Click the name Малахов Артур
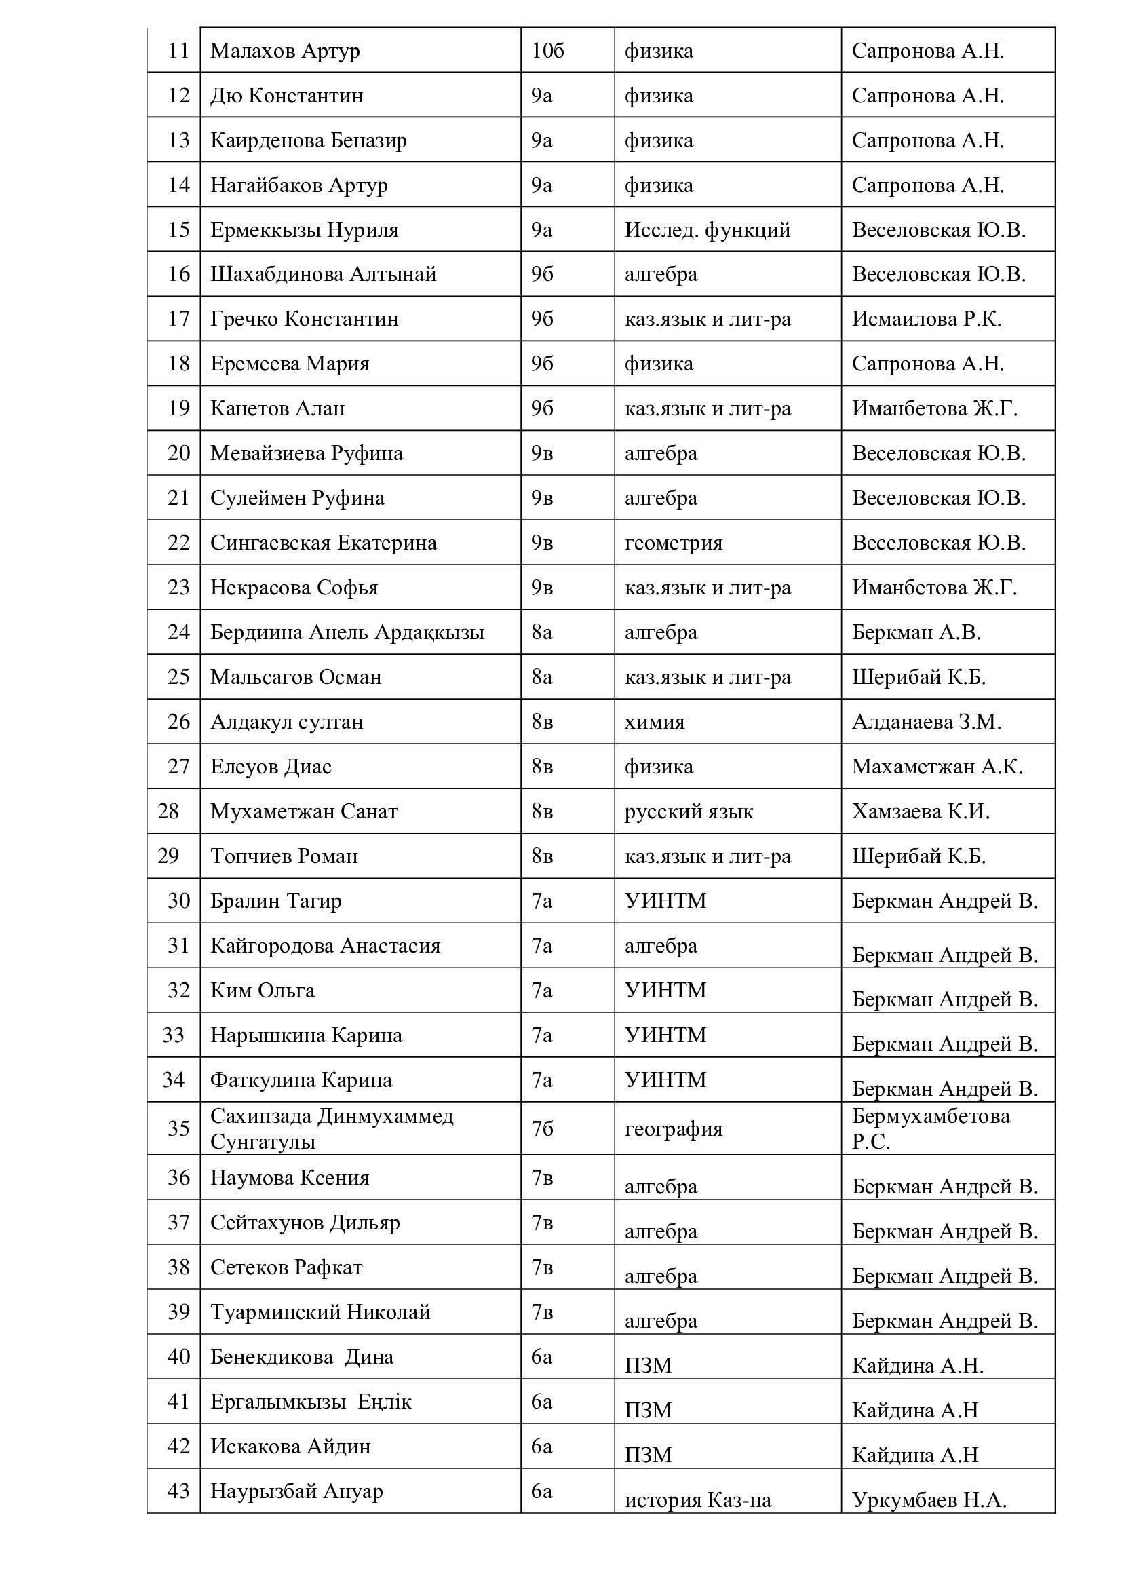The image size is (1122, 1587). [x=285, y=51]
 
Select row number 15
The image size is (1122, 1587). [x=178, y=229]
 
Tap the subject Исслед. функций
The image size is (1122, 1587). [x=707, y=229]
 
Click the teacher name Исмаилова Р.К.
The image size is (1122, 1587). [x=926, y=319]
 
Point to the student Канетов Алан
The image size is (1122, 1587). [x=277, y=408]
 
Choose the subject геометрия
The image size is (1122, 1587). [x=673, y=543]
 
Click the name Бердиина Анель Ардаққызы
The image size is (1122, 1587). [x=347, y=632]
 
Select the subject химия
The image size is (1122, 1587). [x=654, y=722]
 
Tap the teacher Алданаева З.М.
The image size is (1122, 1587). [x=926, y=722]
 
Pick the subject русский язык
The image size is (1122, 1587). [x=688, y=811]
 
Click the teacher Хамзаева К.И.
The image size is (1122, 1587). [x=921, y=811]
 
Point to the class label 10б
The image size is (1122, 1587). [x=547, y=51]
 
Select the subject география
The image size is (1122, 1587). [x=673, y=1130]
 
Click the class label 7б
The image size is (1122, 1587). [x=541, y=1130]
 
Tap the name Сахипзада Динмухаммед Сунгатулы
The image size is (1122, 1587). [x=332, y=1130]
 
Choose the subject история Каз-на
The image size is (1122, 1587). [x=697, y=1501]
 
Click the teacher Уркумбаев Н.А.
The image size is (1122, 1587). [x=929, y=1501]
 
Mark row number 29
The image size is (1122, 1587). [x=169, y=856]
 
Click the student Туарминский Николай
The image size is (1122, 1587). [x=320, y=1312]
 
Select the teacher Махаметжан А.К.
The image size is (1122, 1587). [x=937, y=767]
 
